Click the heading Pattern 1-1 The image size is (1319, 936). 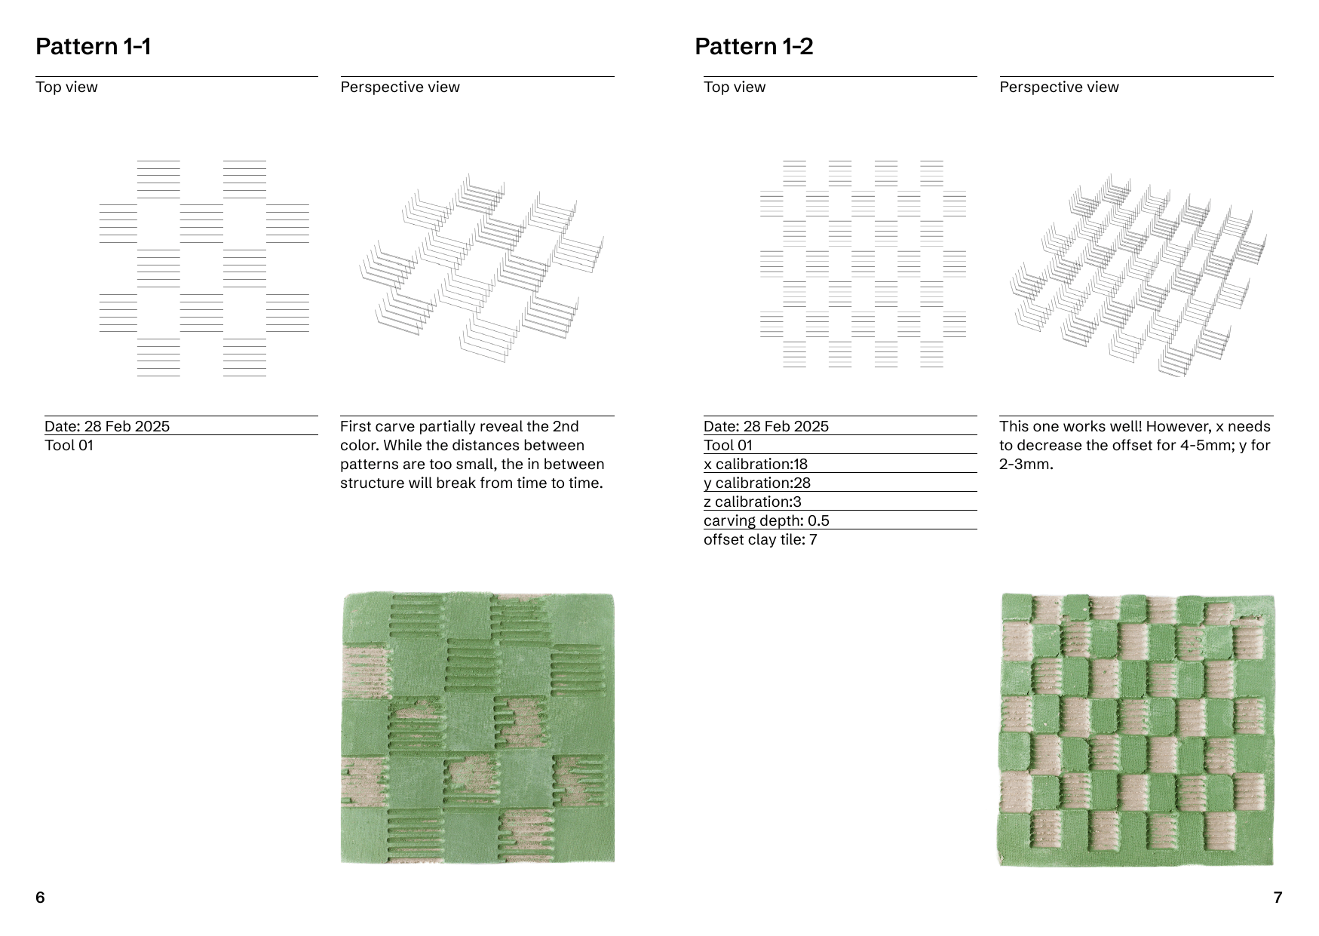94,47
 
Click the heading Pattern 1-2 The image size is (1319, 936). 753,47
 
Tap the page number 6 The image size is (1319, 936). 40,897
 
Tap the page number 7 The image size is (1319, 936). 1278,897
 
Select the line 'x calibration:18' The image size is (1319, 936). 756,464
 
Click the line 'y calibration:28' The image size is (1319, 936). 757,483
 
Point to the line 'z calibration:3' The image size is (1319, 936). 753,502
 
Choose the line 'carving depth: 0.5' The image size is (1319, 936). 766,520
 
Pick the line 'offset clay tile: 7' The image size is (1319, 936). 760,539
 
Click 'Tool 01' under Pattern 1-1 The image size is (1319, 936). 69,445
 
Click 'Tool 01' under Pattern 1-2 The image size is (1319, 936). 728,445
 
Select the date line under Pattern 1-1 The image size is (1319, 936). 107,426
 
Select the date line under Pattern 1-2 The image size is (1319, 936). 766,426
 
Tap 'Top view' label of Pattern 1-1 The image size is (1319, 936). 66,87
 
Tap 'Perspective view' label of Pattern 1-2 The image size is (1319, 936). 1059,87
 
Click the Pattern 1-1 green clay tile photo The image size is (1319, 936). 477,728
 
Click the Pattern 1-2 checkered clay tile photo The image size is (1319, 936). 1136,730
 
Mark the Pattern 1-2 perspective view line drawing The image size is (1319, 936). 1138,275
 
